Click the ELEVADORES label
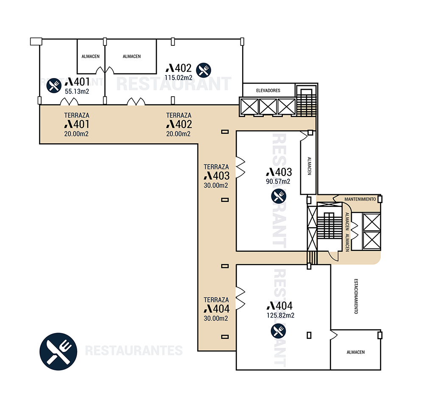[268, 90]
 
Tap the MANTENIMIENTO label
[360, 199]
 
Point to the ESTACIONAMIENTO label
[356, 296]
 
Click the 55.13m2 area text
[77, 92]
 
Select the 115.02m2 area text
[179, 78]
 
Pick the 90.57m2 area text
[278, 182]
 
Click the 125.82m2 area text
[280, 315]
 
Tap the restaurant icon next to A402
[204, 70]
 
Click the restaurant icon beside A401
[54, 86]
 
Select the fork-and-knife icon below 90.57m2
[279, 196]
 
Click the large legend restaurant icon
[59, 352]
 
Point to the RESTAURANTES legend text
[134, 351]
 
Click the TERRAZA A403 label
[217, 176]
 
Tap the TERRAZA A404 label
[217, 309]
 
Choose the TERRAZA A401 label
[77, 124]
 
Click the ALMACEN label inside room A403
[310, 166]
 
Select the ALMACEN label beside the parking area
[356, 352]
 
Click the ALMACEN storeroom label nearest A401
[91, 56]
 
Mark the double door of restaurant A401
[69, 101]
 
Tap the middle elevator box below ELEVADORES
[268, 106]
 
